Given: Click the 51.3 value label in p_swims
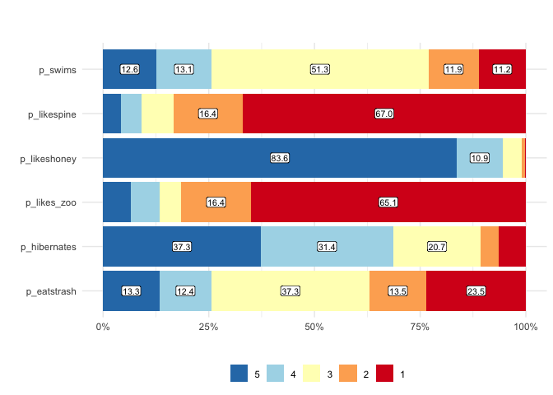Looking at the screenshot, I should coord(320,69).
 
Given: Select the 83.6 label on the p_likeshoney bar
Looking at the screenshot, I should coord(280,158).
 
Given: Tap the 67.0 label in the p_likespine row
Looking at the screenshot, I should coord(384,114).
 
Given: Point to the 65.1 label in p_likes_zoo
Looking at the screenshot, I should coord(388,202).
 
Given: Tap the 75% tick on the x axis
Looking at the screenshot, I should coord(420,328).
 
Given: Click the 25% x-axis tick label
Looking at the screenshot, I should coord(208,328).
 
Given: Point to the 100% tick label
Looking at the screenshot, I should coord(525,328).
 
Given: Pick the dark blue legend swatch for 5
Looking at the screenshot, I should coord(239,374).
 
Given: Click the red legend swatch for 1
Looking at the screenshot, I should coord(384,374).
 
